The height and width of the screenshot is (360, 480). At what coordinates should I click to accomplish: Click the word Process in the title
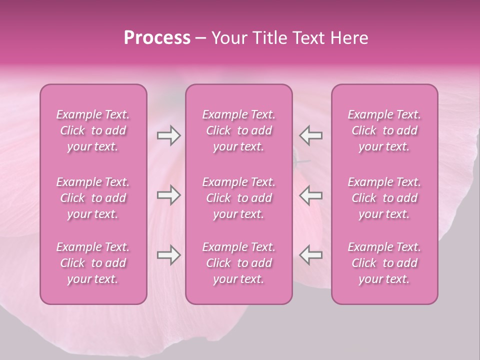[157, 38]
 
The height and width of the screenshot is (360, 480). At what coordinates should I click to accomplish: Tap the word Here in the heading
[349, 38]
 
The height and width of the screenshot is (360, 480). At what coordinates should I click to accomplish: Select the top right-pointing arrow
[168, 135]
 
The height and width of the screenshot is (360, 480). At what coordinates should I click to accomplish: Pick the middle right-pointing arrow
[168, 195]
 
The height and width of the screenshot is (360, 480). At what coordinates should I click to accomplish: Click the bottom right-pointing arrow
[168, 255]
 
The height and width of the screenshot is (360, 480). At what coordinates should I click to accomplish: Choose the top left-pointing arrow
[311, 135]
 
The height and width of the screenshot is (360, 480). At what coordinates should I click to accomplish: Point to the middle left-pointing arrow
[311, 195]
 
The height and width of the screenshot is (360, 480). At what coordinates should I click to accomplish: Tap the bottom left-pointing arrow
[311, 255]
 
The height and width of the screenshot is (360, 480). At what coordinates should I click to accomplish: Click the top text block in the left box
[93, 130]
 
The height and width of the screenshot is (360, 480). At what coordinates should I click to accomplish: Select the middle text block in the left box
[93, 198]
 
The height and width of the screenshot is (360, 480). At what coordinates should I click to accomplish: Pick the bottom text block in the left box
[93, 263]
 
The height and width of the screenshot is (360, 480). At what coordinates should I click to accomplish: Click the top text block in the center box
[239, 130]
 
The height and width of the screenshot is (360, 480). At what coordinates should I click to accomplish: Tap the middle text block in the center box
[239, 198]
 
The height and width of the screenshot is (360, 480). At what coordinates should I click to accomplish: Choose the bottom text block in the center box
[239, 263]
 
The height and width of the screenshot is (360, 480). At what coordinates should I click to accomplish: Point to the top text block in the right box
[384, 130]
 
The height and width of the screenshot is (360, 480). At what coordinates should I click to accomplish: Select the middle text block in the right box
[384, 198]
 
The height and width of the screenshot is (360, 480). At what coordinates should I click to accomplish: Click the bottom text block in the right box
[384, 263]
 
